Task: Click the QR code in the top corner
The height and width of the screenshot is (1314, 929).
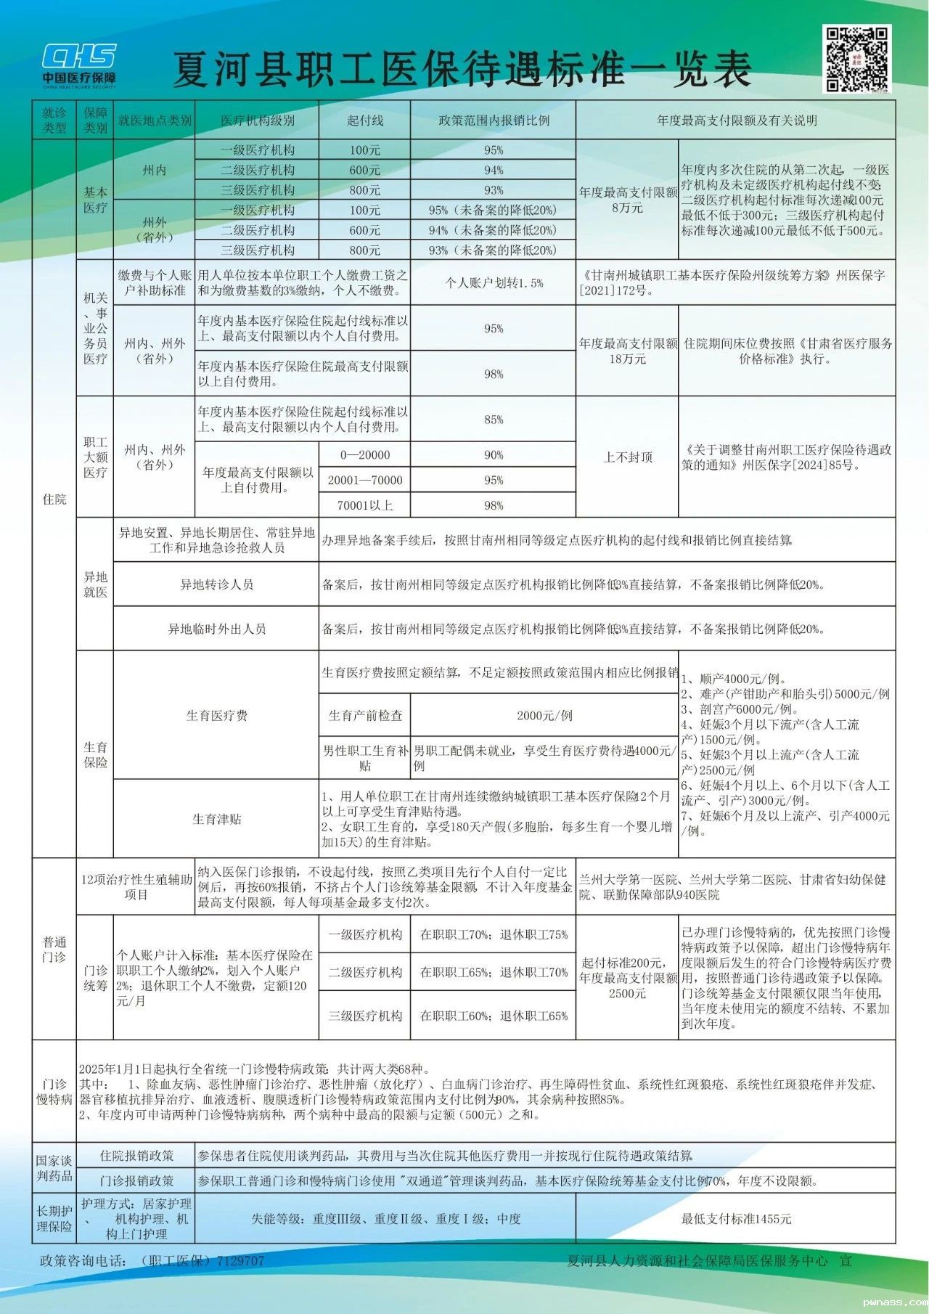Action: coord(856,59)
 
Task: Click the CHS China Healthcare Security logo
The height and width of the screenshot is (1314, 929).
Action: coord(79,65)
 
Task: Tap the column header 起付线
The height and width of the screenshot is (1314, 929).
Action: coord(364,121)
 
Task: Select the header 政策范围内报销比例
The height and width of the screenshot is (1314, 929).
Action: coord(494,121)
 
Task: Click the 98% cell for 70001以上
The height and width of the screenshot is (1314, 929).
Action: coord(494,505)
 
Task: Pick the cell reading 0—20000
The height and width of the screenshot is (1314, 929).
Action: coord(364,455)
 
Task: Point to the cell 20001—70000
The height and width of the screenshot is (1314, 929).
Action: coord(364,480)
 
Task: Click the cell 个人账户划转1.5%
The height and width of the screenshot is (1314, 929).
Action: coord(494,283)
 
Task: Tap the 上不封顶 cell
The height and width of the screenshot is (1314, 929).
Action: coord(628,457)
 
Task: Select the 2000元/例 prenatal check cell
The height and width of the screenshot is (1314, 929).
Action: coord(544,715)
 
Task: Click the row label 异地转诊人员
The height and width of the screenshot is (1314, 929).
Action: coord(216,584)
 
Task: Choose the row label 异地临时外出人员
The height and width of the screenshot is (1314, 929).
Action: coord(216,629)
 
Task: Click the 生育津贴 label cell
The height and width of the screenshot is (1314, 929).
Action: coord(216,819)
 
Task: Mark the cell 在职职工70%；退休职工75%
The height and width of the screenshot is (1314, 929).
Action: coord(494,934)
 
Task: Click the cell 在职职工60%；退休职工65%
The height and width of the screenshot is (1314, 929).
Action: coord(494,1016)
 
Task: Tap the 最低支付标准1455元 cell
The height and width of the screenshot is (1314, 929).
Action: coord(736,1219)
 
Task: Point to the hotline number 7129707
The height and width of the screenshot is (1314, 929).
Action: coord(240,1261)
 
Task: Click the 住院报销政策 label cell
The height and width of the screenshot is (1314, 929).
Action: coord(136,1155)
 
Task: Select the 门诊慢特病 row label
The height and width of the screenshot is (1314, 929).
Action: coord(54,1091)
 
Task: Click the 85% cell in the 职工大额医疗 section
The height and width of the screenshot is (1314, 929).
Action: coord(494,420)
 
